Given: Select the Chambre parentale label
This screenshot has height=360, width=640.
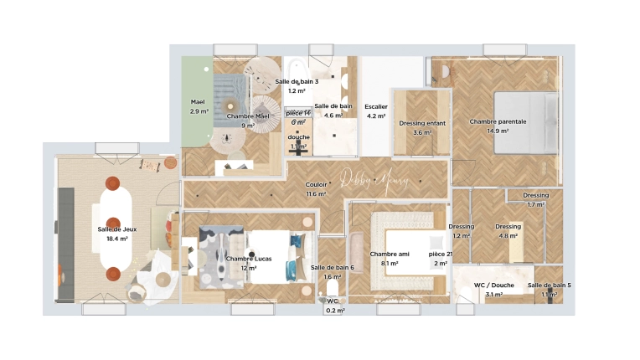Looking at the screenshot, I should click(x=498, y=121).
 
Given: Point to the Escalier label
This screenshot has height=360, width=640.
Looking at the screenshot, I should click(x=376, y=107).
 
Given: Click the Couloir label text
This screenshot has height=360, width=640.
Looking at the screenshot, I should click(x=316, y=184).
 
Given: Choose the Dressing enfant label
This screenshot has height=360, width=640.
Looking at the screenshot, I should click(x=422, y=123).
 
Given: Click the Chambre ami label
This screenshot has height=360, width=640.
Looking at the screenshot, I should click(x=389, y=254).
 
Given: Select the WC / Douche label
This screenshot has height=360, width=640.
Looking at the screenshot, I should click(x=493, y=285).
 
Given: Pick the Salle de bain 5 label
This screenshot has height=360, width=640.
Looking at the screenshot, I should click(x=549, y=285).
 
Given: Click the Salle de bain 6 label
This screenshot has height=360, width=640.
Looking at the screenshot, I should click(x=333, y=268).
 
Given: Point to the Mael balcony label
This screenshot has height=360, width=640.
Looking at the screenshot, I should click(x=198, y=101).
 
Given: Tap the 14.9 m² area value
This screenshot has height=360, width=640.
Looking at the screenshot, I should click(x=498, y=131).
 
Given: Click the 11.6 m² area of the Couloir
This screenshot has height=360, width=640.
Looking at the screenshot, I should click(x=316, y=194).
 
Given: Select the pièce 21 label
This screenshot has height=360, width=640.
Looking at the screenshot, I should click(x=440, y=254).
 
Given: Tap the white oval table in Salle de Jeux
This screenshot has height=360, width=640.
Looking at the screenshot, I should click(x=113, y=234).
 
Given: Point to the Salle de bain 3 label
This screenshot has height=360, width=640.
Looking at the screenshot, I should click(x=297, y=81).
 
